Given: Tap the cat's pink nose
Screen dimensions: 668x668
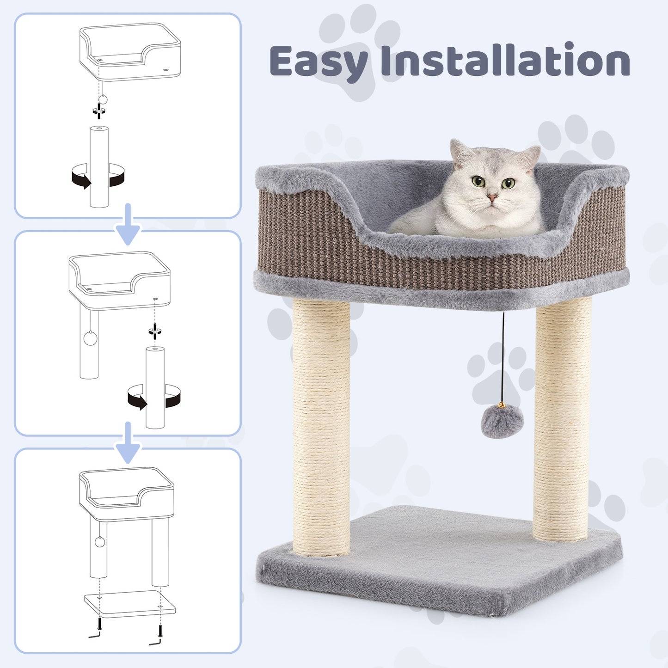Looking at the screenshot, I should (492, 198).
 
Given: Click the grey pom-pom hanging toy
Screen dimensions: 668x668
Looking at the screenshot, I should (502, 422).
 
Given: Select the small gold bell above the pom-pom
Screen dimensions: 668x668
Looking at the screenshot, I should (502, 405).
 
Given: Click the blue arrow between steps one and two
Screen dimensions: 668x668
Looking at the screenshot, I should (128, 225).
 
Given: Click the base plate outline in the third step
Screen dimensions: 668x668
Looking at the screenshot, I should (129, 603).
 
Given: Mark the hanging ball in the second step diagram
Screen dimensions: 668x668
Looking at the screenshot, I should (90, 338).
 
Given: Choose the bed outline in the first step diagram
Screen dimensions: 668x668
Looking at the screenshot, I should (129, 51).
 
